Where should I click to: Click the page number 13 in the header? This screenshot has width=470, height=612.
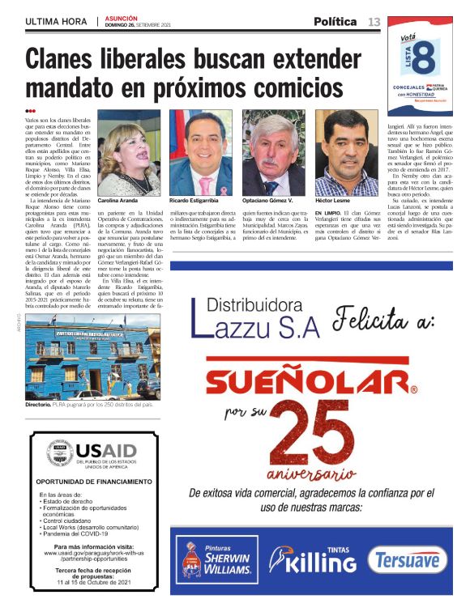373,21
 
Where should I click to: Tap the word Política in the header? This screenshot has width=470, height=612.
335,21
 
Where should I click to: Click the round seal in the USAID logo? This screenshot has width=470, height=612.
59,453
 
